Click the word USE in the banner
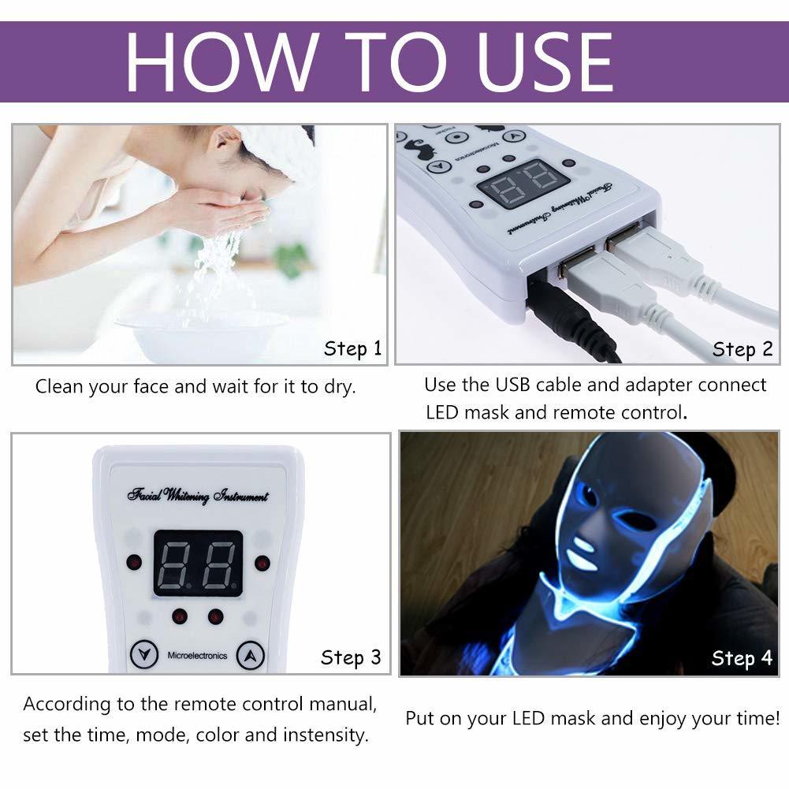[537, 62]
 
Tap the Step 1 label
[352, 348]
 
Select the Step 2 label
[742, 348]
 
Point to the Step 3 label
[351, 657]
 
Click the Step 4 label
[742, 657]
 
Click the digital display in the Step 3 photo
[197, 562]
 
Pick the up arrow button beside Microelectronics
[250, 653]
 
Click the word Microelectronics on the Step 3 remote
[197, 655]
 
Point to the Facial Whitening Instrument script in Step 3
[198, 496]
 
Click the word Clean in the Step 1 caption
[59, 387]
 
